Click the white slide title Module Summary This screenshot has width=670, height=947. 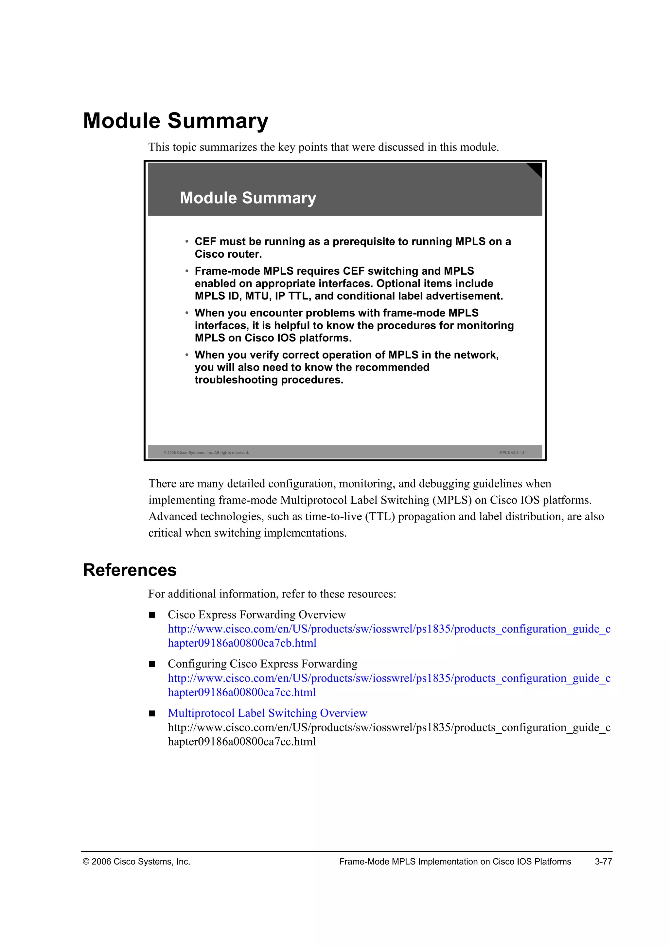pos(248,198)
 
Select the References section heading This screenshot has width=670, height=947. pos(130,570)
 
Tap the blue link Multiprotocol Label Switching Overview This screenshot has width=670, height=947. pos(267,713)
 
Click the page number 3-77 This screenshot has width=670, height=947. pos(603,862)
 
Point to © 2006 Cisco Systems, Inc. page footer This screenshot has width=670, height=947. pos(136,862)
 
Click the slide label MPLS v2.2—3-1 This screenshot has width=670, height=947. pos(513,453)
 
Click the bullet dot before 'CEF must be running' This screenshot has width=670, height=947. pos(186,241)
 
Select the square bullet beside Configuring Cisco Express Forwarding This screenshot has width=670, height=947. pos(152,664)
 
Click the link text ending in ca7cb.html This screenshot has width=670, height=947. pos(242,643)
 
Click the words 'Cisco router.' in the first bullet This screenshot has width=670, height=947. pos(228,254)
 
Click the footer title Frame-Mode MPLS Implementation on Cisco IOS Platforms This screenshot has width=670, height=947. pos(455,862)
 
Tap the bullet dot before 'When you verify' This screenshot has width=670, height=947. pos(186,355)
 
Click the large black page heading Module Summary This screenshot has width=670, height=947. pos(175,121)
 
